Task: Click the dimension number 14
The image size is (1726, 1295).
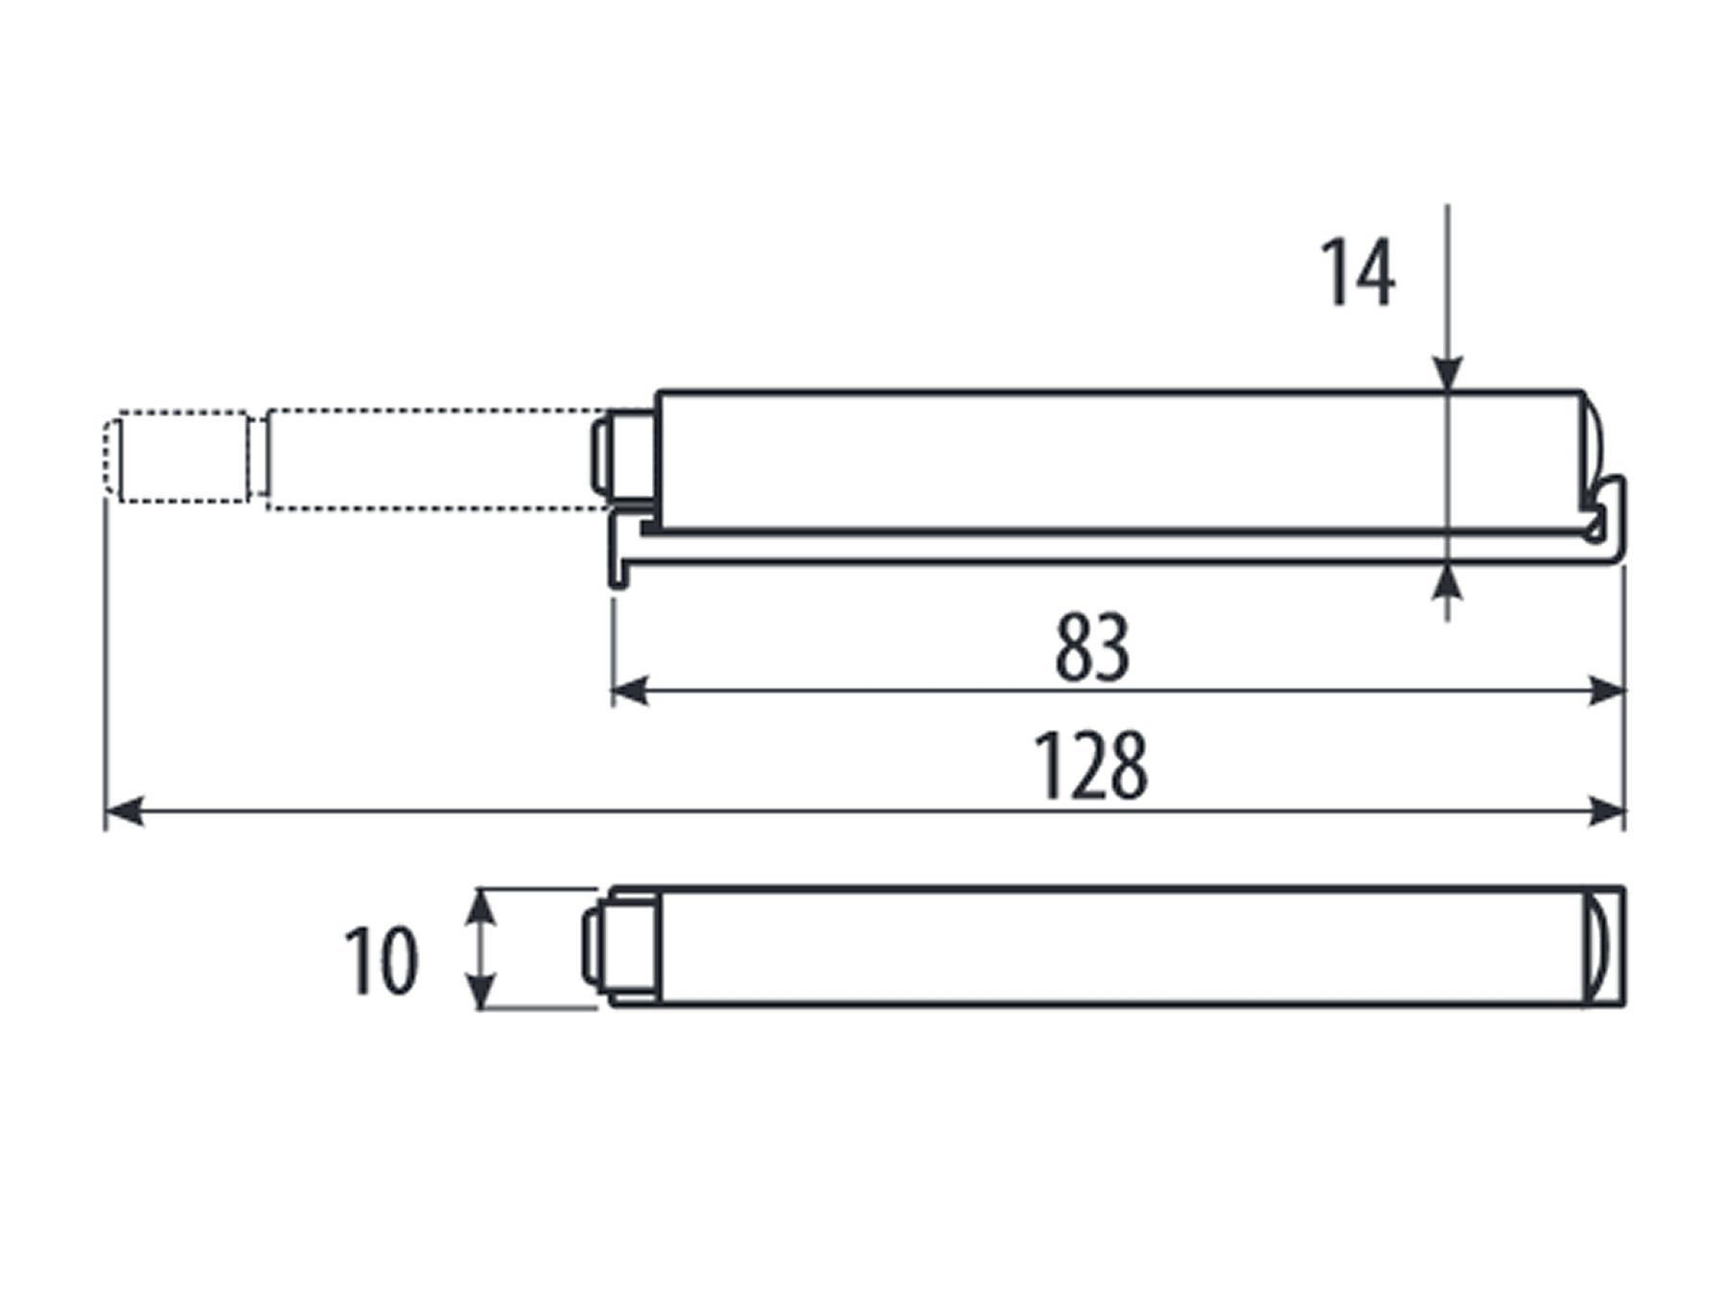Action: tap(1358, 274)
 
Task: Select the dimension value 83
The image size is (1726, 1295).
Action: tap(1092, 648)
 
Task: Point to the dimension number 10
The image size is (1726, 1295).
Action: tap(381, 961)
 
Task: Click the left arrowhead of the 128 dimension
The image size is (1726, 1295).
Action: tap(124, 811)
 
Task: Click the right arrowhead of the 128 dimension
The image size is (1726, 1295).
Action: tap(1606, 811)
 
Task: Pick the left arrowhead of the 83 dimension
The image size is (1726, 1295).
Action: tap(631, 690)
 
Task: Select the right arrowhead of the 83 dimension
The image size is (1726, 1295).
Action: tap(1606, 690)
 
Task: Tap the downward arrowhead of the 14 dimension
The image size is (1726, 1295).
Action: tap(1448, 374)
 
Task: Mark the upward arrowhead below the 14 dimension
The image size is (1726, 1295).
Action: tap(1448, 581)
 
